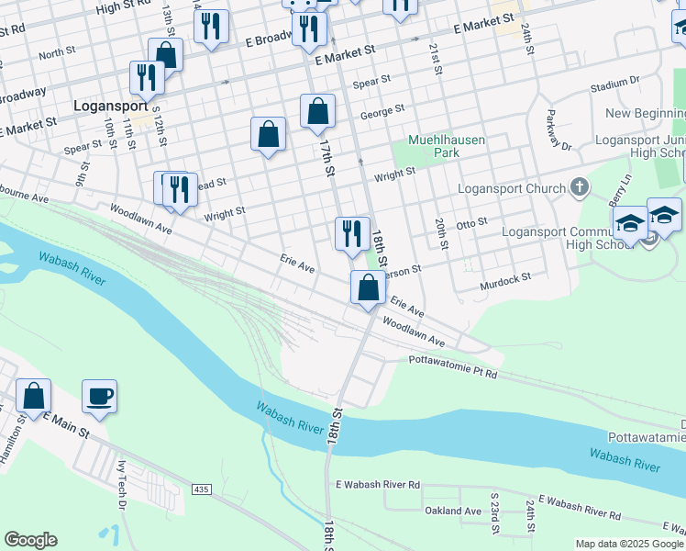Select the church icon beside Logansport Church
tap(579, 189)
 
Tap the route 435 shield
tap(201, 490)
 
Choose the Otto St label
tap(471, 223)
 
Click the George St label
tap(382, 112)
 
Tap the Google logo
tap(30, 540)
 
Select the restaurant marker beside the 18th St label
tap(352, 234)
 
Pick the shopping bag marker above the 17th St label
tap(317, 112)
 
